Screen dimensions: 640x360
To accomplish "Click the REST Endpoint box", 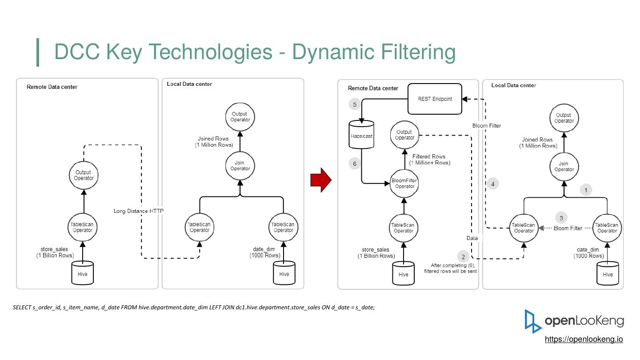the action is pos(435,99).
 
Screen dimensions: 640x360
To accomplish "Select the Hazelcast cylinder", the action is pos(361,135).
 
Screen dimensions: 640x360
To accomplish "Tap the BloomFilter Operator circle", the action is pos(404,184).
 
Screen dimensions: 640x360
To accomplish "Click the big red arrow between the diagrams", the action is pos(321,180).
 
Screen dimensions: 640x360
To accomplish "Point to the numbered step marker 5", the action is pos(355,104).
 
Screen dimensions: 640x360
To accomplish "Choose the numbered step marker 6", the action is pos(355,164).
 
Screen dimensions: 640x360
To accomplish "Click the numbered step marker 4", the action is pos(492,184).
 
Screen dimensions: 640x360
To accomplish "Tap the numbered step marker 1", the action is pos(586,190).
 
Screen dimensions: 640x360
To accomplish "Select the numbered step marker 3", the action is pos(561,218).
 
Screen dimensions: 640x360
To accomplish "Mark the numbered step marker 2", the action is pos(464,256).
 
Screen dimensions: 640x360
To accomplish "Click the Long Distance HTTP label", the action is pos(139,211).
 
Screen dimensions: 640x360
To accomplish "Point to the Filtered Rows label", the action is pos(428,156).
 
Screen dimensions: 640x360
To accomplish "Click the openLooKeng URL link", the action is pos(584,339).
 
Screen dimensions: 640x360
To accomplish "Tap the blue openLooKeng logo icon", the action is pos(532,321).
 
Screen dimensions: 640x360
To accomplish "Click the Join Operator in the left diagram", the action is pos(240,166).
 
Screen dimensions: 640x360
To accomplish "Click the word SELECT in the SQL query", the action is pos(22,308).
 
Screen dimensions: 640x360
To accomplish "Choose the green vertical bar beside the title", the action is pos(38,52).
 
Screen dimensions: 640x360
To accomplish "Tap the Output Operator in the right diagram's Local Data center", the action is pos(564,118).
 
